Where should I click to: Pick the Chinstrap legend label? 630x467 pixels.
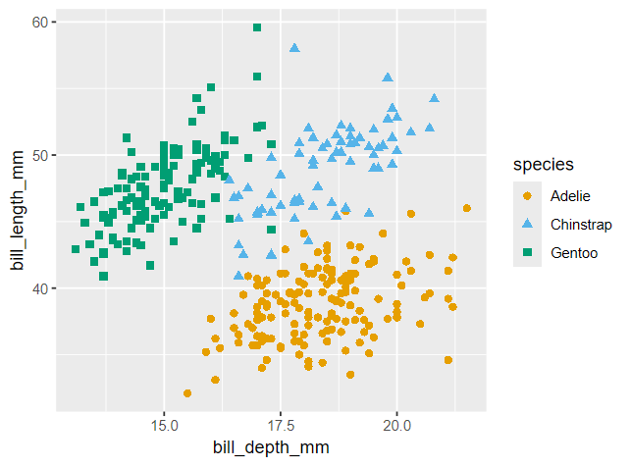tap(581, 225)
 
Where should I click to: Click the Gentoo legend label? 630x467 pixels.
tap(574, 254)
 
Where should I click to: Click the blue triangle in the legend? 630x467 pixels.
tap(526, 224)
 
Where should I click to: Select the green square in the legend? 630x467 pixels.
tap(526, 254)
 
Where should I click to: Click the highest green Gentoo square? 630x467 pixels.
tap(257, 27)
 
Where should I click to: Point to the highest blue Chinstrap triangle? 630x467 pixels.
tap(294, 47)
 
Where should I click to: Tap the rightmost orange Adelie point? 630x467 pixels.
tap(467, 208)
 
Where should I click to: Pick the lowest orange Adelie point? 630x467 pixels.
tap(187, 393)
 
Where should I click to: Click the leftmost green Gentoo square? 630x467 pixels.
tap(76, 249)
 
